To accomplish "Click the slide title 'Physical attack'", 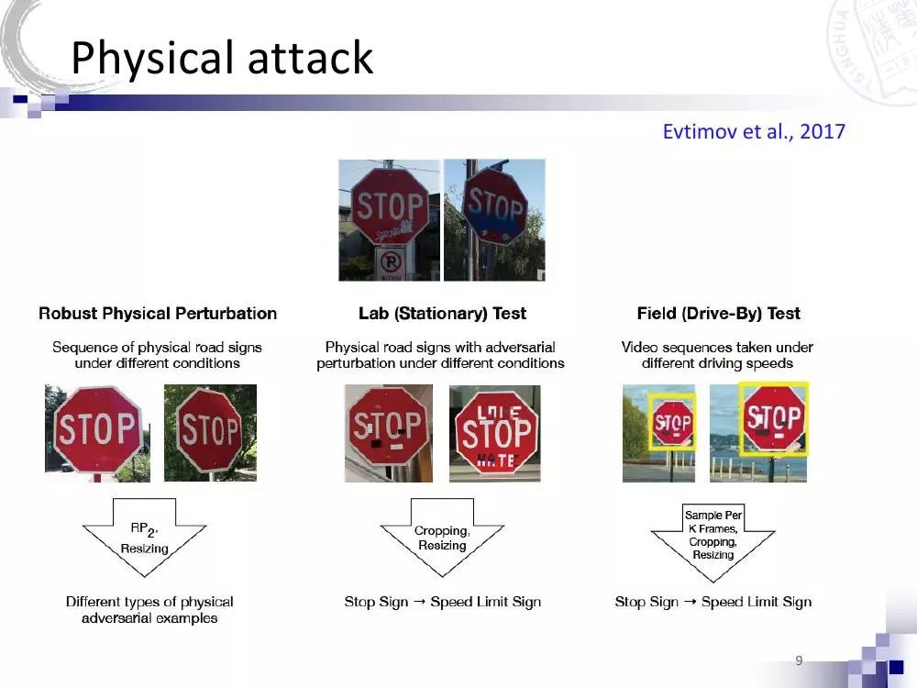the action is pos(222,59).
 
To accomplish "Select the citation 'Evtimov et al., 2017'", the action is pos(753,131).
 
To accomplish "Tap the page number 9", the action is pos(799,660).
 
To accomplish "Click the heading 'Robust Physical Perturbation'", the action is pos(158,314).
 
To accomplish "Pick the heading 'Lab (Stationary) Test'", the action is pos(442,314).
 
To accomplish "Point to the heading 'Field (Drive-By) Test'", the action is pos(718,314).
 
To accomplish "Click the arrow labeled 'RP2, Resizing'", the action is pos(144,537).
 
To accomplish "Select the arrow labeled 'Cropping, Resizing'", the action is pos(442,537).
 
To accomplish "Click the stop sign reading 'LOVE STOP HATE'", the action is pos(496,433).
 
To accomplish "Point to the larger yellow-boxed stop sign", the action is pos(774,419).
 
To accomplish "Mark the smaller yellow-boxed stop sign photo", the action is pos(673,423).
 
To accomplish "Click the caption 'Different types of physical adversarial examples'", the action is pos(149,610).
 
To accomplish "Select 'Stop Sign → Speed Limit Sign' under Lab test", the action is pos(442,602).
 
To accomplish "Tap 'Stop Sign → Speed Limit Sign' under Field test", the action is pos(713,602).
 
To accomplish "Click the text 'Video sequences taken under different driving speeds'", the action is pos(716,355).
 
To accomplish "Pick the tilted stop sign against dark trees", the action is pos(210,431).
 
